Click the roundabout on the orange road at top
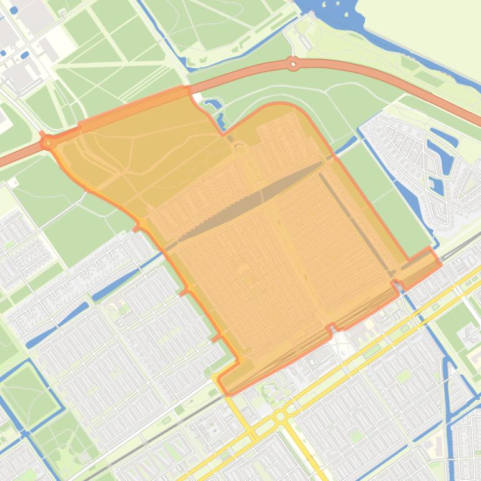[293, 63]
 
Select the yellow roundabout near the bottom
[280, 416]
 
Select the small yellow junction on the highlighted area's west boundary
[142, 223]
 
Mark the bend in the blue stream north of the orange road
[187, 62]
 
